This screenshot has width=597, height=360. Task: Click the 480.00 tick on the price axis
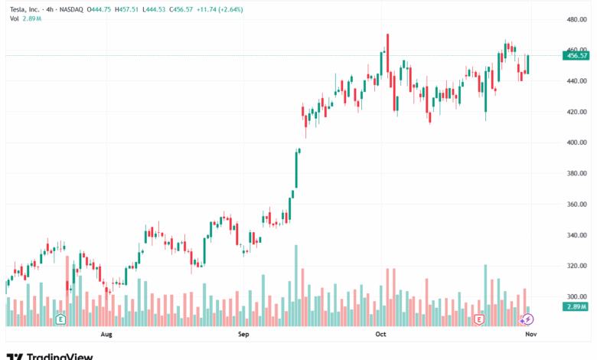coord(576,19)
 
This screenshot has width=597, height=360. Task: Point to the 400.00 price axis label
coord(576,142)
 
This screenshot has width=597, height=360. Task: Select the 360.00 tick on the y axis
coord(576,205)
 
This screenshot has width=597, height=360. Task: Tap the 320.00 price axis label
coord(576,266)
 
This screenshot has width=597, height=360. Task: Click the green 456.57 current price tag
coord(576,55)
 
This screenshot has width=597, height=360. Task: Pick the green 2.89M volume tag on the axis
coord(576,306)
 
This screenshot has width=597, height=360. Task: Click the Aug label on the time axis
coord(106,335)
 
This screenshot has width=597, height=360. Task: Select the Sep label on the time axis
coord(243,335)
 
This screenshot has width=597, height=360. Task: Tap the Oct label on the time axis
coord(380,335)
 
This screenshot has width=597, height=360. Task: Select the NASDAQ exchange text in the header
coord(75,9)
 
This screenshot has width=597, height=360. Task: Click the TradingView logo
coord(51,356)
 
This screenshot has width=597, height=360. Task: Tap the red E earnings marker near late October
coord(479,319)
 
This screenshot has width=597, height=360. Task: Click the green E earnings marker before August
coord(60,319)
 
